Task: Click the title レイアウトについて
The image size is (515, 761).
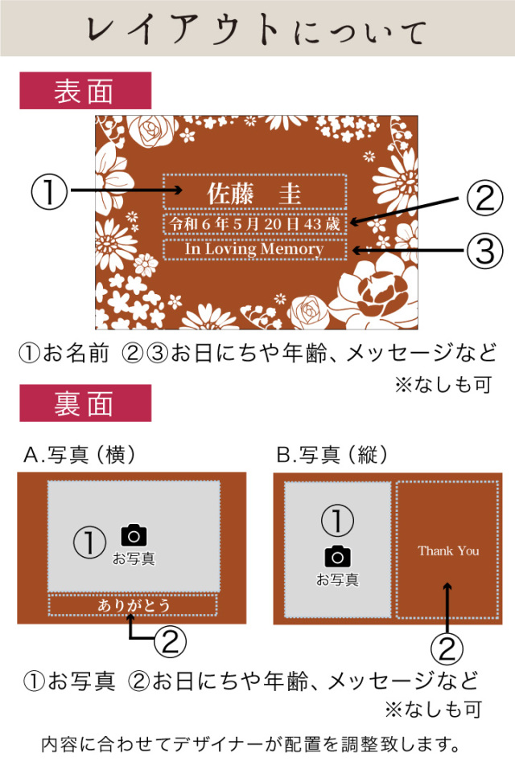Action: pos(257,30)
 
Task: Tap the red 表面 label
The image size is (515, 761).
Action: pos(85,91)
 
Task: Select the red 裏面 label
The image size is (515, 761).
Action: pos(85,403)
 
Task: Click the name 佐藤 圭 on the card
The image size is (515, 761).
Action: pos(254,193)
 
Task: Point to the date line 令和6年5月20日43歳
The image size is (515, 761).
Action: pos(254,223)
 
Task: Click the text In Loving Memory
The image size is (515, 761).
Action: pos(254,249)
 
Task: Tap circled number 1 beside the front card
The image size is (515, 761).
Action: pos(48,192)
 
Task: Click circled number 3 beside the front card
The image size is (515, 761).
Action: pos(485,251)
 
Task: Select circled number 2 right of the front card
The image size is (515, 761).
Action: pos(485,198)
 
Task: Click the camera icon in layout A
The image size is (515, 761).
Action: pos(134,535)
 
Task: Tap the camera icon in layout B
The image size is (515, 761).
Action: pos(338,556)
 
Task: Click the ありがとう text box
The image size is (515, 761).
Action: pos(133,605)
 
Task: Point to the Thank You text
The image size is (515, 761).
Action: pos(448,550)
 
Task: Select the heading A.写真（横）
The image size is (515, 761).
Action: pos(79,455)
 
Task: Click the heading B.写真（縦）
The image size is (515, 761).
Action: pos(332,455)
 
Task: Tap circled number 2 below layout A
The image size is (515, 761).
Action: pos(170,641)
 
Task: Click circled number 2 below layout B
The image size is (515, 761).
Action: pos(447,648)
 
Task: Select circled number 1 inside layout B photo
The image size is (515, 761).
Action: pos(338,520)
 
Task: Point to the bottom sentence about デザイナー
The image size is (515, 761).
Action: pos(251,743)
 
